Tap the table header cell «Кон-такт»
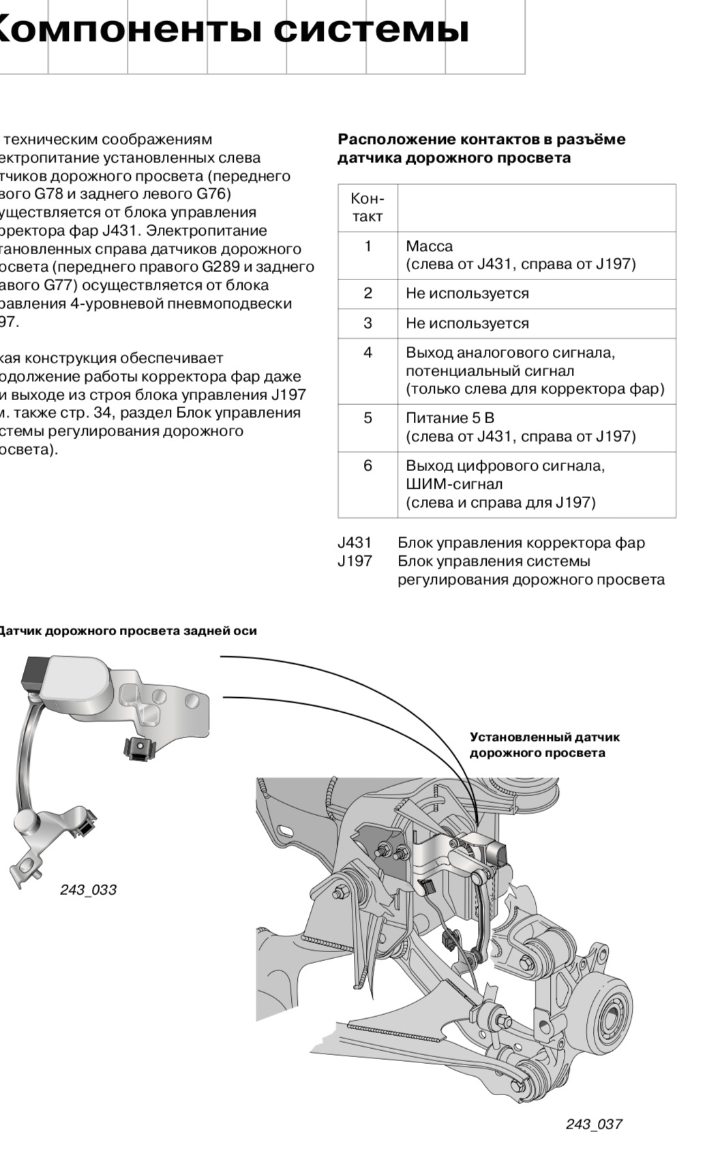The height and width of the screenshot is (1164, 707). click(x=367, y=208)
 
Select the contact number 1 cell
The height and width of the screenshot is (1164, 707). click(x=367, y=246)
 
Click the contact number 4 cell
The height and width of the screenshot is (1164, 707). click(x=367, y=353)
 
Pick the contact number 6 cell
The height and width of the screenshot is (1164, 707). click(x=367, y=466)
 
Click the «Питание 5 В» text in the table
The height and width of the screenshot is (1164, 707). click(x=449, y=418)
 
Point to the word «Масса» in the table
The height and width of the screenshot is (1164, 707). click(x=429, y=246)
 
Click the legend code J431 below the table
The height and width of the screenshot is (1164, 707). click(x=355, y=543)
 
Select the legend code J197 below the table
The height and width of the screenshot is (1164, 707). click(x=355, y=562)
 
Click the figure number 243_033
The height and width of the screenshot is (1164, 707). click(x=88, y=890)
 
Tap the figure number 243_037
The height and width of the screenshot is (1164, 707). click(x=593, y=1124)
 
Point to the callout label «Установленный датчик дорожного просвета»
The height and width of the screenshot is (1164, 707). click(x=544, y=745)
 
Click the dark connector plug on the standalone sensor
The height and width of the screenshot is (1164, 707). click(x=33, y=673)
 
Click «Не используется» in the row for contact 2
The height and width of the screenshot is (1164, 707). click(x=467, y=294)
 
